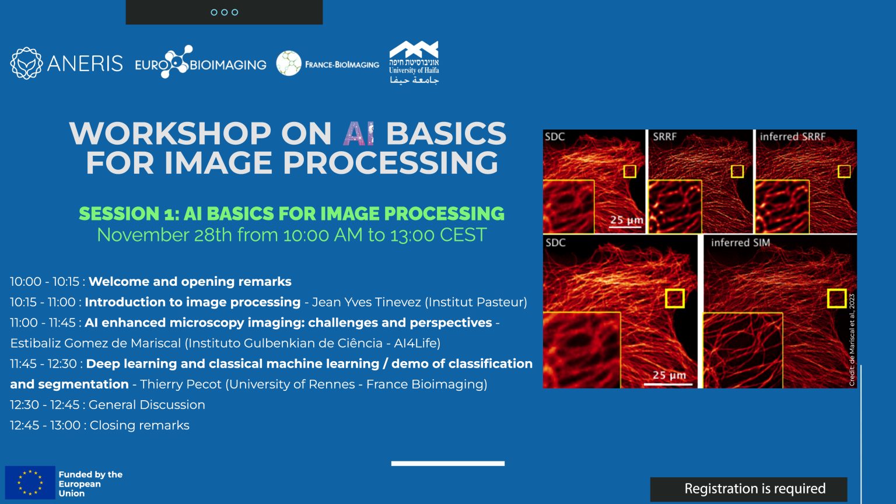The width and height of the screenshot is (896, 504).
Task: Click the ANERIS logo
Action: point(66,63)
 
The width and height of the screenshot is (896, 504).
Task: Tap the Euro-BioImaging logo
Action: point(200,63)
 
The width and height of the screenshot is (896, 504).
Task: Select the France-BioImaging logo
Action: point(328,64)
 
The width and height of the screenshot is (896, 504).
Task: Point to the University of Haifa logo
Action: point(414,63)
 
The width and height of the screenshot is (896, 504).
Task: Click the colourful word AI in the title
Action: point(358,134)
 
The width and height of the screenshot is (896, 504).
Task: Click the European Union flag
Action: point(30,482)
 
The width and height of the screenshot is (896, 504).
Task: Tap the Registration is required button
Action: point(748,489)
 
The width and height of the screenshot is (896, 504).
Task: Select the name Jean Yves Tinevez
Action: point(366,302)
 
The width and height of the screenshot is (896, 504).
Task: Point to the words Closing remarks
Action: point(139,425)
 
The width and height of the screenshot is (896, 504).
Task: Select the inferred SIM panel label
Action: point(740,243)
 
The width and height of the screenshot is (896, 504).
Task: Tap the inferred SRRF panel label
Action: point(792,137)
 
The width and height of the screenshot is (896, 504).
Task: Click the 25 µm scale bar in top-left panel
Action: point(626,222)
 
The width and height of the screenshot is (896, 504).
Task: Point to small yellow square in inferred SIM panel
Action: point(836,298)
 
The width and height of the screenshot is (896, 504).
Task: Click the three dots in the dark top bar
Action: point(224,12)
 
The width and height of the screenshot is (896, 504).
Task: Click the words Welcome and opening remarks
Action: point(190,282)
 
